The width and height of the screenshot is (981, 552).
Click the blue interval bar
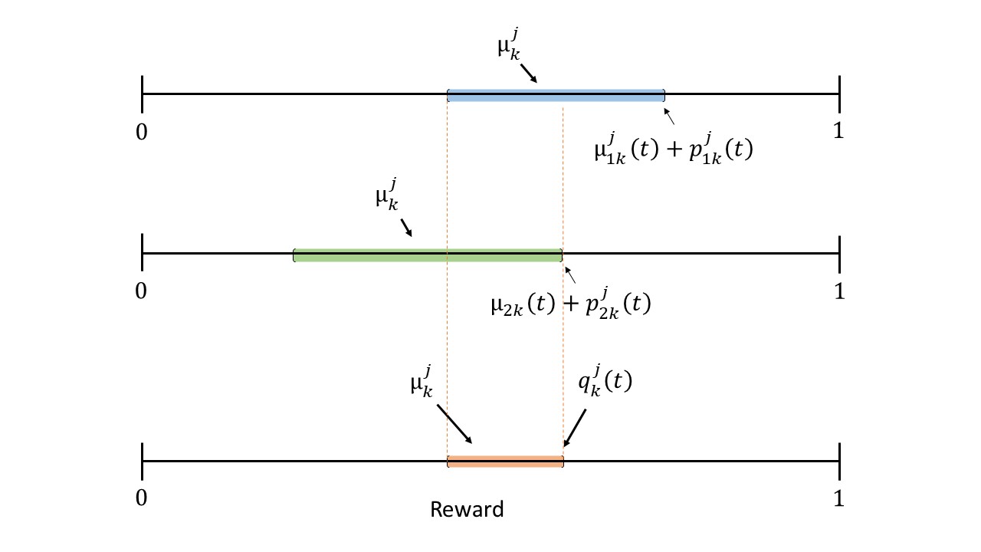556,95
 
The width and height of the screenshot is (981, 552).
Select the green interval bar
428,255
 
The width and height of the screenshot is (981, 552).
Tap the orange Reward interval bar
505,461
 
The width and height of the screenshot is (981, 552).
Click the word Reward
467,509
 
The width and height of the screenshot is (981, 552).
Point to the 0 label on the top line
141,131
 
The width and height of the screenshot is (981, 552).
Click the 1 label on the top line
838,131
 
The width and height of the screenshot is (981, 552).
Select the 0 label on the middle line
141,291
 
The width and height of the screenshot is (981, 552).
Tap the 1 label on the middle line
838,291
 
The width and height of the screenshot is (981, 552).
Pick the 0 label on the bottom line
141,498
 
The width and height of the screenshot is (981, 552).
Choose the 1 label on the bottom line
838,498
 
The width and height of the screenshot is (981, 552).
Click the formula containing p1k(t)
673,149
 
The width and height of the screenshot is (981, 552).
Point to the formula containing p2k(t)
570,304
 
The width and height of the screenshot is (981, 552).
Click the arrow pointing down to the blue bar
528,72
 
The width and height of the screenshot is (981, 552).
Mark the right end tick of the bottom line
839,461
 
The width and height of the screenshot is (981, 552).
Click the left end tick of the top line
143,94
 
